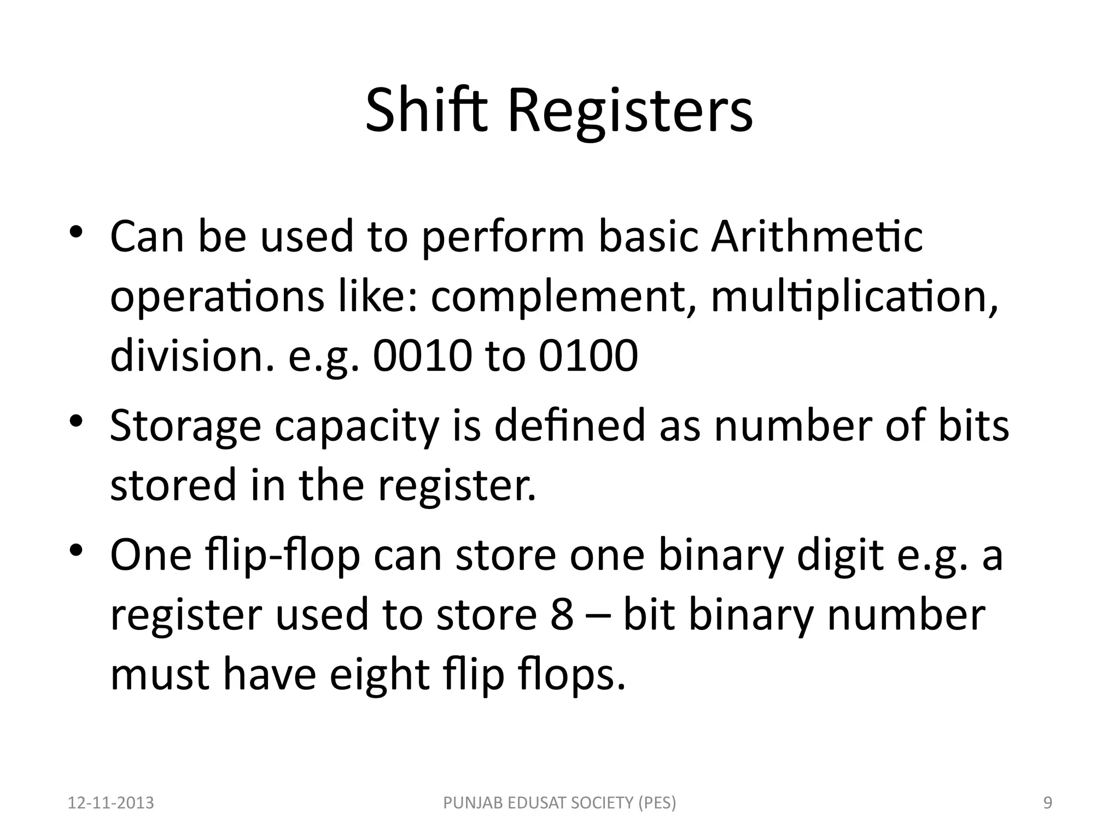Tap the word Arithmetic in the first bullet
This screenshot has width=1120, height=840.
click(x=816, y=236)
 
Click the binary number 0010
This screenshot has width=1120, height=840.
click(x=421, y=355)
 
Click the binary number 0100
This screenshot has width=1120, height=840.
click(x=588, y=355)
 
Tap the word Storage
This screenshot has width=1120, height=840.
click(x=185, y=427)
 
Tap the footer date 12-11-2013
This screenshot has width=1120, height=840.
click(x=111, y=803)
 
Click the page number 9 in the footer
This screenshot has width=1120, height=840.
click(x=1048, y=803)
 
